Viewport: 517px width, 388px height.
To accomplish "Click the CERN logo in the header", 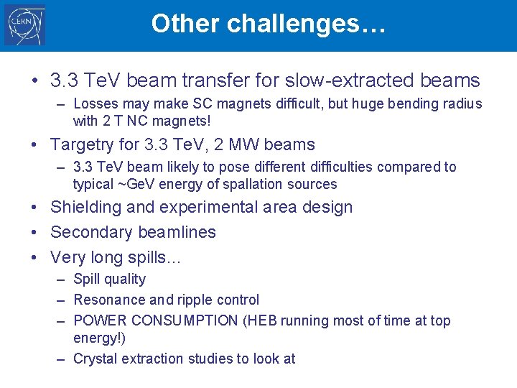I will (25, 25).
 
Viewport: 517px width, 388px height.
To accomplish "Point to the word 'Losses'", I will (97, 103).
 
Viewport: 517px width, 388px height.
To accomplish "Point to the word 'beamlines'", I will (177, 232).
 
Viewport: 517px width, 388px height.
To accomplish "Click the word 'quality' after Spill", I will (125, 280).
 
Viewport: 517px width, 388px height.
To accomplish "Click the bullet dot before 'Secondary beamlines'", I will (35, 232).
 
